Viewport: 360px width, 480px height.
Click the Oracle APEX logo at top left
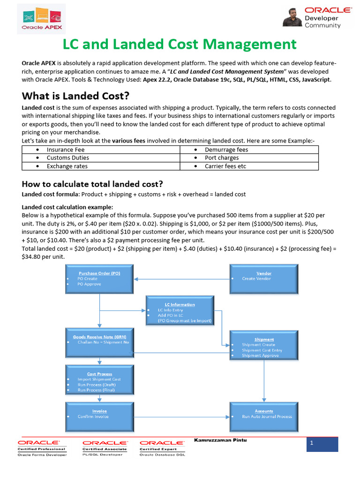pyautogui.click(x=42, y=19)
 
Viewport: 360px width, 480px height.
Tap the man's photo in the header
pyautogui.click(x=292, y=17)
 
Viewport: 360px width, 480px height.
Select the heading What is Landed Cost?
pyautogui.click(x=75, y=96)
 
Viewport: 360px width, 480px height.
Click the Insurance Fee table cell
pyautogui.click(x=101, y=150)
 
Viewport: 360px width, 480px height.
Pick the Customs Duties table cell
pyautogui.click(x=101, y=158)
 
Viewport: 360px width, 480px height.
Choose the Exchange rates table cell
pyautogui.click(x=101, y=166)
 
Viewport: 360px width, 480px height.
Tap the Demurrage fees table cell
pyautogui.click(x=249, y=150)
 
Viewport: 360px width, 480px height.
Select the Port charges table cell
pyautogui.click(x=249, y=158)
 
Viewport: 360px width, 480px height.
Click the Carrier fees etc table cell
pyautogui.click(x=249, y=166)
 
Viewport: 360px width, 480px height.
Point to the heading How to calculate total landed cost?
pyautogui.click(x=92, y=184)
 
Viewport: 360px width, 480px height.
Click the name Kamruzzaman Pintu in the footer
pyautogui.click(x=220, y=440)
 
